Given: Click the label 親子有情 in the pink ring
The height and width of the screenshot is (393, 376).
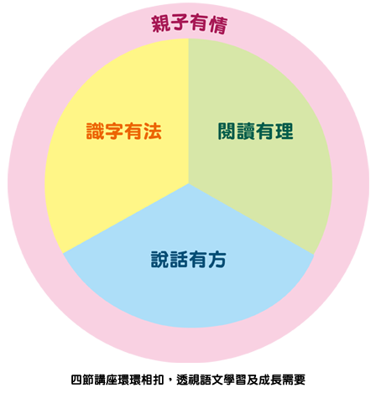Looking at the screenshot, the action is point(190,24).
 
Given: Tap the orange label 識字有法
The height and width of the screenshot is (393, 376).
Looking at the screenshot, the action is point(124,131).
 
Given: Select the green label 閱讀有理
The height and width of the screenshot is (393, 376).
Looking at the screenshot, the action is point(255,131).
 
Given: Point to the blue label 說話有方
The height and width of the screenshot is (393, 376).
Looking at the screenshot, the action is point(188,260).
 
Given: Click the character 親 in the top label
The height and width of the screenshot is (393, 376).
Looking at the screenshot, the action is point(160,23).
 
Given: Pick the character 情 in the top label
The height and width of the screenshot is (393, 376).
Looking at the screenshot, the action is point(218,25).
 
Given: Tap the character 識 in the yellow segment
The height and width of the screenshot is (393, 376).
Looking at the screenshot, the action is point(95,131).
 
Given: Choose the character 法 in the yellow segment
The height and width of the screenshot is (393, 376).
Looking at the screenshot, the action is point(153,131).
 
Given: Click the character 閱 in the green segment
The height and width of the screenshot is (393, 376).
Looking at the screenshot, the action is point(227,131).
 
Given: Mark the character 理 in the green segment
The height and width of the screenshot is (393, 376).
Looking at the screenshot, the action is point(285,131).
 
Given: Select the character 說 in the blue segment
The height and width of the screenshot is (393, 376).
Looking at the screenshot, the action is point(159,260).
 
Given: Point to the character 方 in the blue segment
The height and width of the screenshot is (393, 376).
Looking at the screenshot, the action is point(217,260).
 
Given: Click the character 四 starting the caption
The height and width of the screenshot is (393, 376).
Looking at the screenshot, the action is point(76,380).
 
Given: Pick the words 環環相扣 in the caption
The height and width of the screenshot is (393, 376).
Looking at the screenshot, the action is point(141,380).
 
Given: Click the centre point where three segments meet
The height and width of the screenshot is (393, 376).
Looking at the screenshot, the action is point(189,184).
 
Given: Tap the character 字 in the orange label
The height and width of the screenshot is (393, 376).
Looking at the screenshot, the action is point(114,131).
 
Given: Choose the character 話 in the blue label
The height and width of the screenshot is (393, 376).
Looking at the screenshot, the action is point(179,260).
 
